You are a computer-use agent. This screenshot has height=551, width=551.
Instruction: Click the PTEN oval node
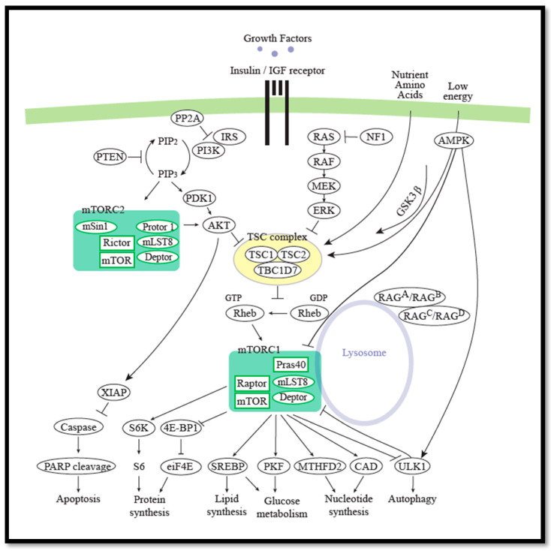pyautogui.click(x=110, y=157)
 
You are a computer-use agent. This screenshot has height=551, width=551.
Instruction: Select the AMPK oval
pyautogui.click(x=454, y=140)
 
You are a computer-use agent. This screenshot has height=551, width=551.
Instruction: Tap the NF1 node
pyautogui.click(x=376, y=137)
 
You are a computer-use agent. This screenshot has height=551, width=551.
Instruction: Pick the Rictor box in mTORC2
pyautogui.click(x=116, y=242)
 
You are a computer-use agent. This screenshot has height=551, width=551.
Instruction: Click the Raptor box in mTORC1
pyautogui.click(x=252, y=384)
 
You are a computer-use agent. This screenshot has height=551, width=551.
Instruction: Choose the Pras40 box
pyautogui.click(x=291, y=365)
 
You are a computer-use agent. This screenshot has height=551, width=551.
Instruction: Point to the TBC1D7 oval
pyautogui.click(x=278, y=270)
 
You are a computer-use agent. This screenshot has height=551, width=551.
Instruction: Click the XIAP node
pyautogui.click(x=114, y=392)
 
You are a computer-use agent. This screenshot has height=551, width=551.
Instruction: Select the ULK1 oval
pyautogui.click(x=412, y=466)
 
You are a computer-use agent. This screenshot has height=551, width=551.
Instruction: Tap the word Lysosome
pyautogui.click(x=364, y=353)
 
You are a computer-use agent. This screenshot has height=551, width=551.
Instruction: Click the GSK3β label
pyautogui.click(x=408, y=201)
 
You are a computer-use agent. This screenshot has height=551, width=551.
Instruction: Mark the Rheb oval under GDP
pyautogui.click(x=309, y=313)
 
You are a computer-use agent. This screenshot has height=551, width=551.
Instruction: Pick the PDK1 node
pyautogui.click(x=199, y=198)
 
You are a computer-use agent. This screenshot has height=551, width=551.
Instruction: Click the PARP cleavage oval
pyautogui.click(x=77, y=467)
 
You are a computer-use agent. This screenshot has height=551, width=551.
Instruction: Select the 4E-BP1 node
pyautogui.click(x=181, y=428)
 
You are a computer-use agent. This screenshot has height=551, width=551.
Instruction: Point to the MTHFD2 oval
pyautogui.click(x=320, y=466)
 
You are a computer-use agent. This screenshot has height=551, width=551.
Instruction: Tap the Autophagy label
pyautogui.click(x=412, y=499)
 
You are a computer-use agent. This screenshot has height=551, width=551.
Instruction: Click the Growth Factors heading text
pyautogui.click(x=278, y=38)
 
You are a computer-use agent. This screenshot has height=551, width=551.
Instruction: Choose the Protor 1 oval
pyautogui.click(x=157, y=227)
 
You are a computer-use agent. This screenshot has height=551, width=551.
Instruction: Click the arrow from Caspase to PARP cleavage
pyautogui.click(x=78, y=444)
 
